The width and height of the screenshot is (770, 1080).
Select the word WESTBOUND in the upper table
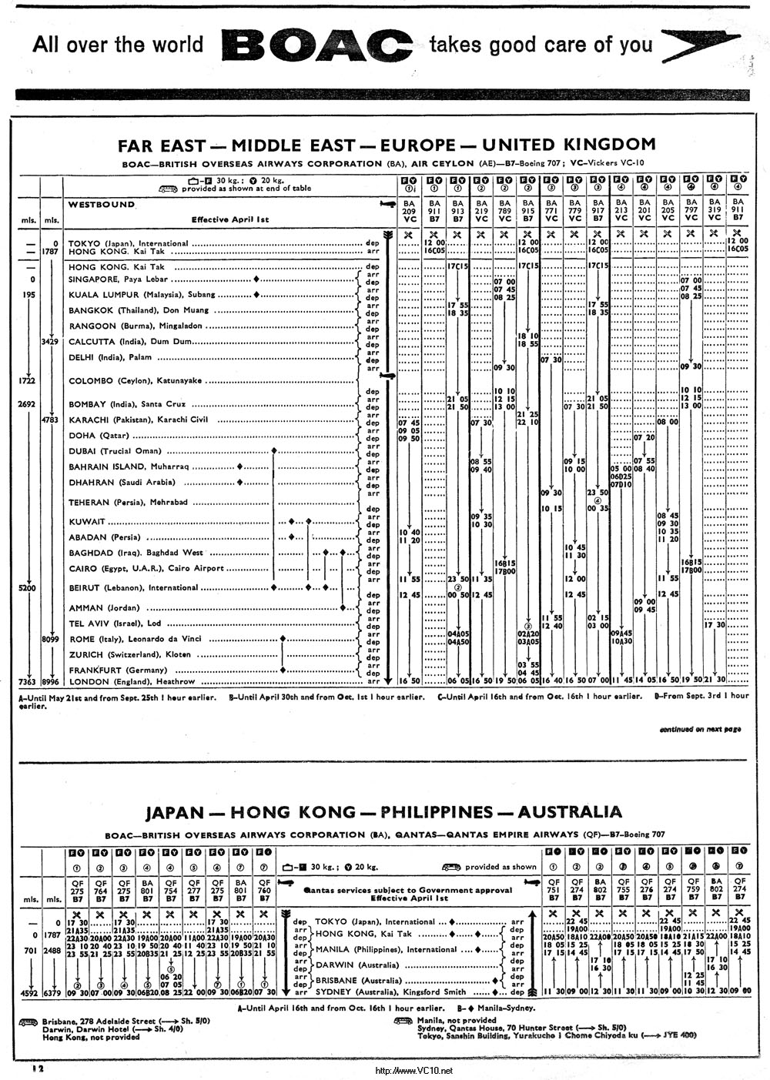coord(102,205)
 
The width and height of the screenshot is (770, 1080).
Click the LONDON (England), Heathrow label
coord(132,681)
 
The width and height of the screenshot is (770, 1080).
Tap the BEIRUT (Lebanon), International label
coord(133,587)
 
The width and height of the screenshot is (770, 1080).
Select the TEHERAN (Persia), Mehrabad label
coord(128,502)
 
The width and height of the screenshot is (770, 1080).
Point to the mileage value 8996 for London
coord(52,681)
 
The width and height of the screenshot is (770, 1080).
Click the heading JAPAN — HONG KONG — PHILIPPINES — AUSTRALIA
coord(383,812)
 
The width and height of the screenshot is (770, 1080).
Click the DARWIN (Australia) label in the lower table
coord(357,965)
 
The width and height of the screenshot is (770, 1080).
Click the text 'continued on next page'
coord(700,728)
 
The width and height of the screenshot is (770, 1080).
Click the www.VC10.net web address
coord(413,1071)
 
